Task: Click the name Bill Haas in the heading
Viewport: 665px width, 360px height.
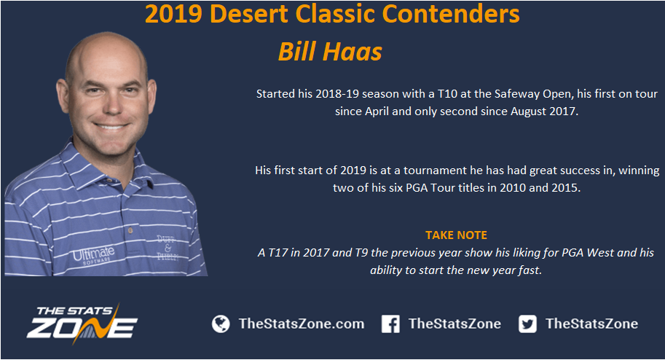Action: [330, 52]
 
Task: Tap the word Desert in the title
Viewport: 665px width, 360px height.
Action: [249, 14]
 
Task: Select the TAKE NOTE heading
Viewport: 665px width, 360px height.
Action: [457, 235]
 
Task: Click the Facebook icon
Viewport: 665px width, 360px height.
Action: [390, 324]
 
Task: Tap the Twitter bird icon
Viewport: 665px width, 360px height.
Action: [527, 324]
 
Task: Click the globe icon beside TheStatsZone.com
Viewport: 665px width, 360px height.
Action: [221, 324]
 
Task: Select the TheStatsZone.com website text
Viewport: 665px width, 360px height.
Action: [302, 324]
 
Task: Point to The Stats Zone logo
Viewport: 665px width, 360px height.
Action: [82, 324]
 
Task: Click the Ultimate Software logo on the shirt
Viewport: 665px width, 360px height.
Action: [93, 255]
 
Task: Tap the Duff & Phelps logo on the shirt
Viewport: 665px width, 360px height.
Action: [168, 248]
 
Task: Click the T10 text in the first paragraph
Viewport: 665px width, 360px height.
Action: [447, 94]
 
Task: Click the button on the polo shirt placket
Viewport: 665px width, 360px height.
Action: [130, 230]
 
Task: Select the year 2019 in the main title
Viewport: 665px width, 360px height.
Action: [173, 14]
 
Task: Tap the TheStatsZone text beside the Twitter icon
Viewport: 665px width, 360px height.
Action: [591, 324]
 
